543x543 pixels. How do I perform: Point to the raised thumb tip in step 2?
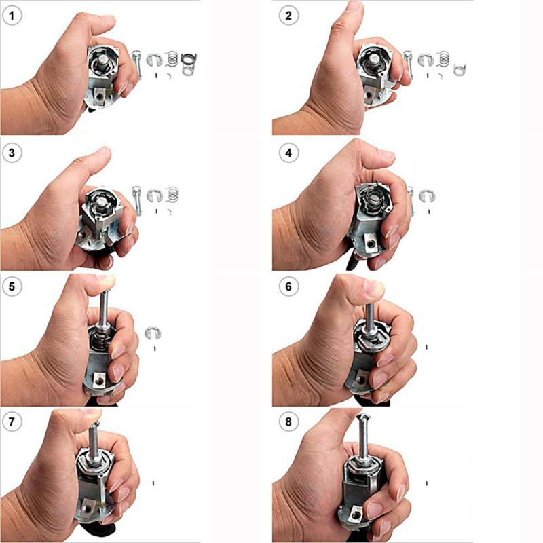click(354, 9)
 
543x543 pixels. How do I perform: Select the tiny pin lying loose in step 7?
click(155, 483)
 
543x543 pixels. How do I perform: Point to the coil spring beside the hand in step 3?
click(172, 194)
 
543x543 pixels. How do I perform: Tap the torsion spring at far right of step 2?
click(462, 65)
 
